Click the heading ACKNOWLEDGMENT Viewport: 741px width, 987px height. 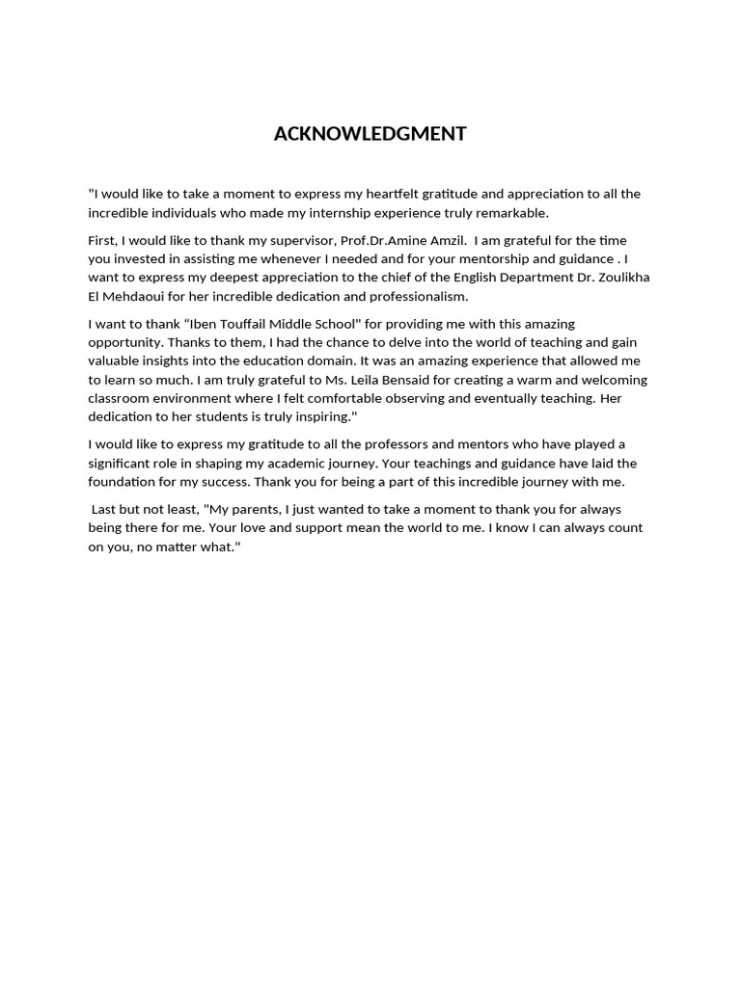tap(370, 134)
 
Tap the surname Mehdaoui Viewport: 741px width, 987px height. tap(140, 296)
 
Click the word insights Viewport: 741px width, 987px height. tap(172, 360)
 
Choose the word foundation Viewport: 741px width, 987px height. tap(124, 481)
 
